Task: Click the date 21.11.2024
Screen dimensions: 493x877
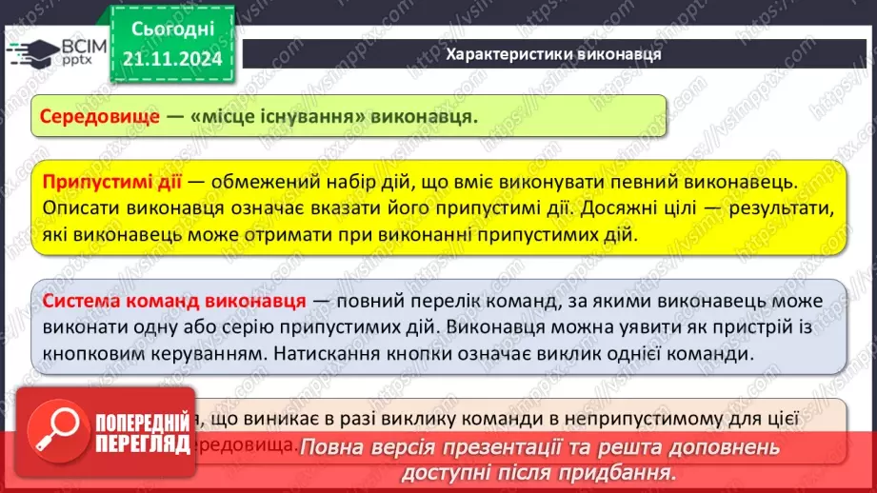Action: (x=171, y=60)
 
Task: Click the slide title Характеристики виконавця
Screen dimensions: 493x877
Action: (x=553, y=53)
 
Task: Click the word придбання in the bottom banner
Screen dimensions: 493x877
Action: (x=625, y=471)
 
